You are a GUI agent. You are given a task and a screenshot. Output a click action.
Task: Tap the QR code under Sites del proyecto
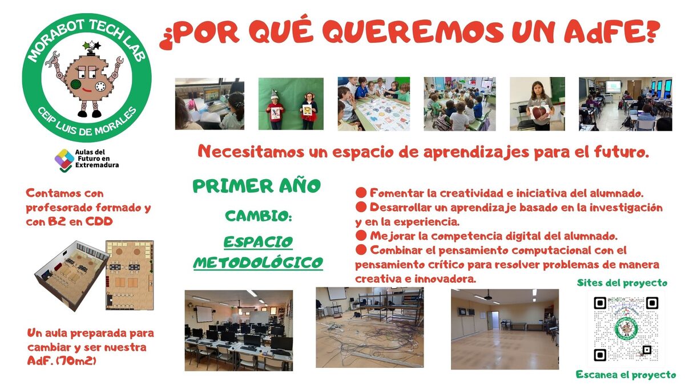tap(626, 330)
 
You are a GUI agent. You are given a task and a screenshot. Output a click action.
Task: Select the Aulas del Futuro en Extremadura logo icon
tap(64, 160)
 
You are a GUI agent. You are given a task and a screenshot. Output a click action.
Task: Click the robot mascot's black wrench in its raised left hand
tap(51, 59)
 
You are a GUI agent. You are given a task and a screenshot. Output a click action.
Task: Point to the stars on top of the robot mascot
tap(91, 46)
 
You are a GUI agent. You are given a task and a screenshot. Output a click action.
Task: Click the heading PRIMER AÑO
tap(256, 186)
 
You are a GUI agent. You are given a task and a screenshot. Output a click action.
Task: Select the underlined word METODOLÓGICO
tap(258, 262)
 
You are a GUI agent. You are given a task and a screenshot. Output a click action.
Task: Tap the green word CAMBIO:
tap(259, 216)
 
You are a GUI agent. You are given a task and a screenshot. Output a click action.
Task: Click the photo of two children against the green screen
tap(291, 104)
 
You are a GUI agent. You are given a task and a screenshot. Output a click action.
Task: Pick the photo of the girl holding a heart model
tap(537, 104)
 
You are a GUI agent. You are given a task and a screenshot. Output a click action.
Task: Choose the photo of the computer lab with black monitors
tap(239, 331)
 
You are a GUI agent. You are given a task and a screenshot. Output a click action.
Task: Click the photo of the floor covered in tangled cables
tap(370, 327)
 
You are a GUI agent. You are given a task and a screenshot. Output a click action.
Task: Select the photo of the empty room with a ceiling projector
tap(505, 330)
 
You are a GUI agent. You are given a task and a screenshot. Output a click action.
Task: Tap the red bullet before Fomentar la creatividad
tap(361, 193)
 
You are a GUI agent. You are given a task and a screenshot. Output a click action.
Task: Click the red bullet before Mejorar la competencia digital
tap(361, 236)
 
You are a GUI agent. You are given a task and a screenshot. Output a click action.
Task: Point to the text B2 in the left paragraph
tap(57, 221)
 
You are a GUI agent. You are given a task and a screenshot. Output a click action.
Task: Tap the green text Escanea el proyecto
tap(626, 375)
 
